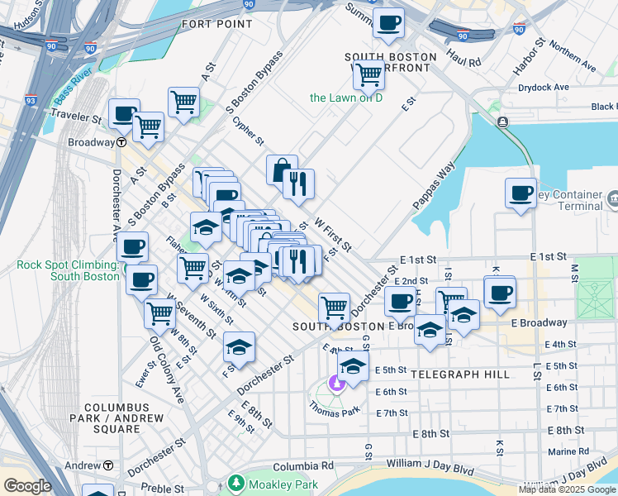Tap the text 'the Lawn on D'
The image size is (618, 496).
(346, 98)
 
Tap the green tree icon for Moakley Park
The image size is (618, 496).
(236, 482)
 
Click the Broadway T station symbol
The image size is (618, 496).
(121, 142)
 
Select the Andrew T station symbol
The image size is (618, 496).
(107, 465)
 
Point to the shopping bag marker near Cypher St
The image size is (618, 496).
(282, 170)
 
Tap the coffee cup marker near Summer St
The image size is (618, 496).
(388, 22)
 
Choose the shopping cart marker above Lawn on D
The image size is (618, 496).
(368, 75)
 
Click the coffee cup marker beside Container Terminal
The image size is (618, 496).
(521, 193)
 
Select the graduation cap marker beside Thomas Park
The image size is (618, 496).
(353, 367)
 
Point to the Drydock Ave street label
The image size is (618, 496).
(543, 87)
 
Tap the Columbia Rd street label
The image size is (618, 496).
(305, 465)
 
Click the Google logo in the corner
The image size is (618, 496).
(27, 486)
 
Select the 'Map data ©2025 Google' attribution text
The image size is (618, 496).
(567, 489)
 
